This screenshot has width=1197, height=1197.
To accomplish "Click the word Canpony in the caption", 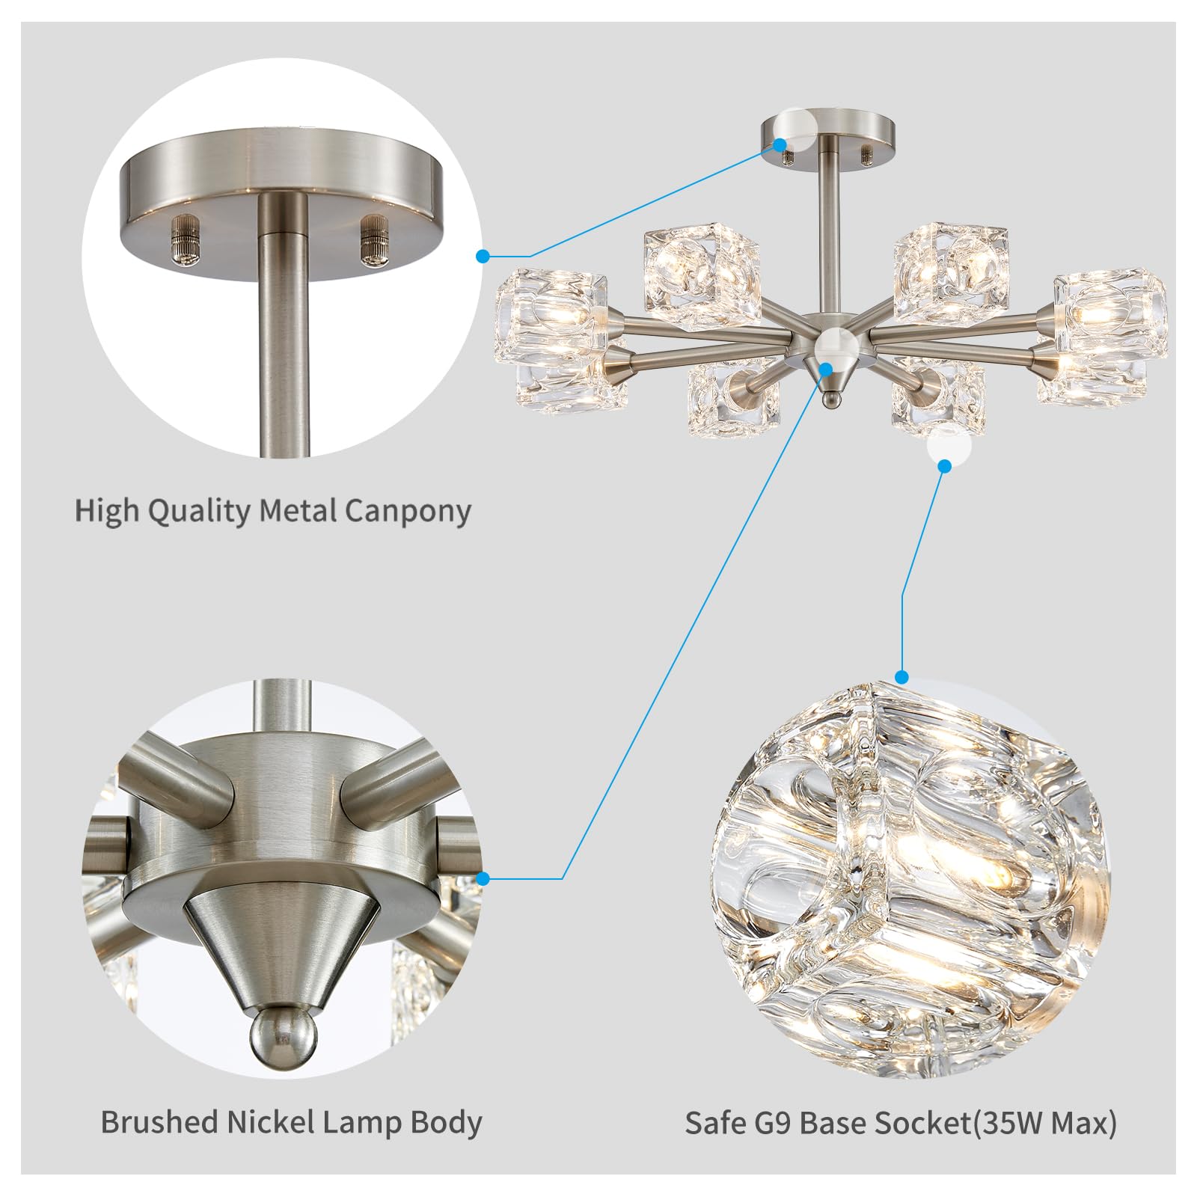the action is click(408, 511).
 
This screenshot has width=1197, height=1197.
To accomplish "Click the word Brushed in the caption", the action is click(159, 1122).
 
